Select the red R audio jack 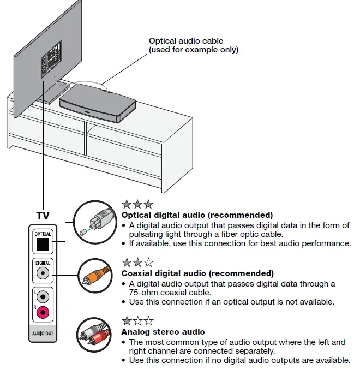coord(43,312)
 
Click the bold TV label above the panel coord(43,216)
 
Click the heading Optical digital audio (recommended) coord(197,215)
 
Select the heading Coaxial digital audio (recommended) coord(197,273)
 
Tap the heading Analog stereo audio coord(163,331)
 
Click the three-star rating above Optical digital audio coord(137,205)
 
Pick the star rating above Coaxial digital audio coord(137,263)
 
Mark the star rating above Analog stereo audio coord(137,321)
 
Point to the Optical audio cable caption coord(194,45)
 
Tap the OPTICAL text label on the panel coord(43,234)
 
